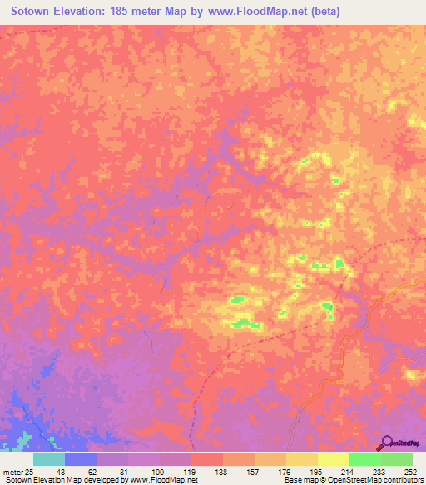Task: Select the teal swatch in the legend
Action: coord(49,459)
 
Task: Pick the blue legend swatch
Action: coord(81,459)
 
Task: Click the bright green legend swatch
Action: coord(365,459)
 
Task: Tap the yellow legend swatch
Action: coord(334,459)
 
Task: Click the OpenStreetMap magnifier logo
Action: coord(388,443)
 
